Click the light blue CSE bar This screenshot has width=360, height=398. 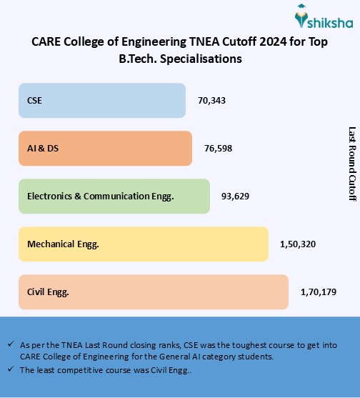coord(102,101)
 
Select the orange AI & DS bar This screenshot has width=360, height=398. coord(105,148)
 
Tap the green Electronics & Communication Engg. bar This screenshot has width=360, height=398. coord(114,196)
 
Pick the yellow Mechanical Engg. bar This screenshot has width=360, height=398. coord(143,244)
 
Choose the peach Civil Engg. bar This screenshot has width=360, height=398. coord(153,292)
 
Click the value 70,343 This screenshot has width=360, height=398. coord(211,101)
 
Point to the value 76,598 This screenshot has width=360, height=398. coord(218,149)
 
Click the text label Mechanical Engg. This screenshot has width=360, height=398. coord(63,244)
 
